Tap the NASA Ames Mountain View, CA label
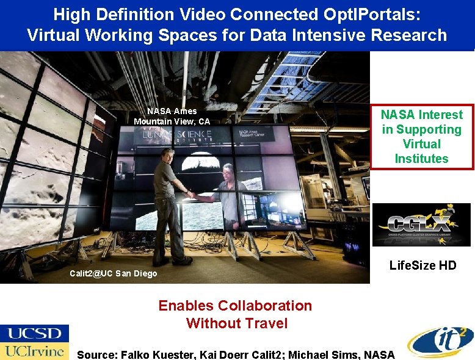[x=172, y=116]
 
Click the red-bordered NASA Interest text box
[x=421, y=137]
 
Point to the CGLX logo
[x=421, y=224]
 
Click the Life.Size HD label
[x=422, y=265]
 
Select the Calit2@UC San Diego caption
[x=113, y=273]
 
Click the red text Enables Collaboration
[x=235, y=305]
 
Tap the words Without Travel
[x=236, y=323]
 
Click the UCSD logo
[x=34, y=333]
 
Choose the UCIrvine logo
[x=34, y=351]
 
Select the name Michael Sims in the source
[x=333, y=354]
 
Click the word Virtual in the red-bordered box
[x=421, y=144]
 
